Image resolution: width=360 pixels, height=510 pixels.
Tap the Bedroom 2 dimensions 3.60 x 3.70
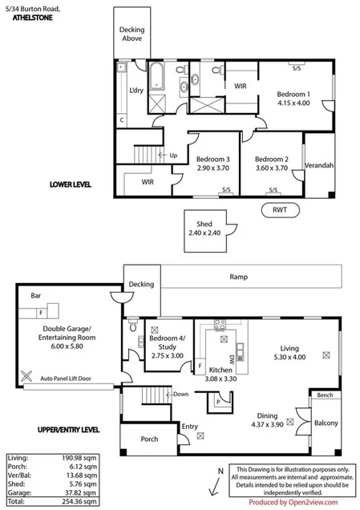coord(271,169)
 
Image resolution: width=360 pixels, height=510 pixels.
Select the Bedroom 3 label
coord(212,159)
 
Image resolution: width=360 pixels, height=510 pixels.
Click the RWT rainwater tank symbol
coord(280,210)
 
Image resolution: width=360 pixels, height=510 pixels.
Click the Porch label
coord(149,439)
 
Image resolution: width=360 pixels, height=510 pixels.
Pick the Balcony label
coord(326,423)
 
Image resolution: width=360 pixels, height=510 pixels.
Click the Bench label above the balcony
coord(325,396)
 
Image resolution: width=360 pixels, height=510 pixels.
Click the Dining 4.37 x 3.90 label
coord(269,419)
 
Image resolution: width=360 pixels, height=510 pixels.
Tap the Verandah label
coord(318,166)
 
